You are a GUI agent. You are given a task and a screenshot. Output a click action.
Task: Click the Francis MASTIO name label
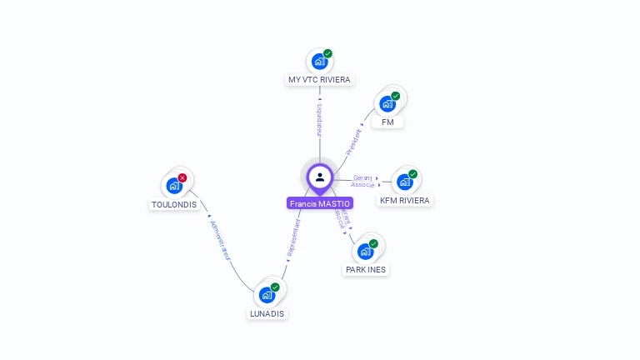tap(320, 203)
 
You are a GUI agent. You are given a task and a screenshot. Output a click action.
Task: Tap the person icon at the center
tap(320, 177)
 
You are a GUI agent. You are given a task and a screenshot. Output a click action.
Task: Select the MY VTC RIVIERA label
tap(319, 80)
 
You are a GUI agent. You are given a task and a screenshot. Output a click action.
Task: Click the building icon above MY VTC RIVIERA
tap(318, 61)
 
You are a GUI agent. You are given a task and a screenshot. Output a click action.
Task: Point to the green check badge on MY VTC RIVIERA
tap(327, 53)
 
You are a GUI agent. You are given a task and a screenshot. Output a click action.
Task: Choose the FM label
tap(387, 122)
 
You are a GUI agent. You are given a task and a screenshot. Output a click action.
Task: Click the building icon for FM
tap(387, 103)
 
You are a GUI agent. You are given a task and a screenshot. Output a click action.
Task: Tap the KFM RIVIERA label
tap(405, 201)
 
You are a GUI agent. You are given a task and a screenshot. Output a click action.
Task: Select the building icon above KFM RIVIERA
tap(404, 182)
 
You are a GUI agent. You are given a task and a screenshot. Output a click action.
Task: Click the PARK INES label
tap(367, 270)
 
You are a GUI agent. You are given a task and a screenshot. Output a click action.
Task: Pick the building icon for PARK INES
tap(365, 251)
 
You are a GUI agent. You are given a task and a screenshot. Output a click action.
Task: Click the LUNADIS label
tap(267, 314)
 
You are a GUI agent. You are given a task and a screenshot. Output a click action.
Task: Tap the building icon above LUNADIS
tap(267, 294)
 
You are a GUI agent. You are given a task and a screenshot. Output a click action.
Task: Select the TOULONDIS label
tap(174, 204)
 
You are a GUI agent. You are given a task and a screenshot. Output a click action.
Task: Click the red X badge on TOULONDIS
tap(182, 177)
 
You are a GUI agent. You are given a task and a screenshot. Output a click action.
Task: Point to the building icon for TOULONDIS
tap(173, 185)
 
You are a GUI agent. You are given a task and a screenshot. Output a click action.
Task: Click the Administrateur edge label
tap(219, 242)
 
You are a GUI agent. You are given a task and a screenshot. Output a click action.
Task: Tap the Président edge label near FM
tap(354, 142)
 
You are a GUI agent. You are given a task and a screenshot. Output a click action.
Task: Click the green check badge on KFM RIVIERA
tap(412, 174)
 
